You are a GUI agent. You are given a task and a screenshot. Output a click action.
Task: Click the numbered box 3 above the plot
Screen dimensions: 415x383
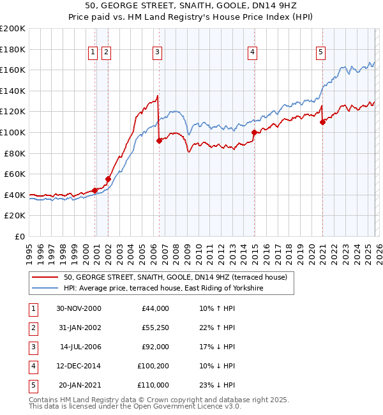(157, 52)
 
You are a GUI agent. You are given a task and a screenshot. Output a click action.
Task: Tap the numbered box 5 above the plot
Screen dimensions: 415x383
(320, 52)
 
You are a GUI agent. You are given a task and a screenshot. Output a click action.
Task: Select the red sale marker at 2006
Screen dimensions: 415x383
(159, 141)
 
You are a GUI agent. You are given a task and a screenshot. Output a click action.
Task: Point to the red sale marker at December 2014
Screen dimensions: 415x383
(254, 133)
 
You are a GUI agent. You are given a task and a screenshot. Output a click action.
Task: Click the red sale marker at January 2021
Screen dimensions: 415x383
(323, 123)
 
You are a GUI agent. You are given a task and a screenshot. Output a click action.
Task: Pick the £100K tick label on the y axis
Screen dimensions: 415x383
(13, 132)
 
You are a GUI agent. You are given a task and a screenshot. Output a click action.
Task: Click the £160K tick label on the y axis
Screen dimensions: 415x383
(13, 70)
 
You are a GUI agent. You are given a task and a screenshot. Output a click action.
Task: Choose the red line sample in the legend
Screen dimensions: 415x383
(45, 277)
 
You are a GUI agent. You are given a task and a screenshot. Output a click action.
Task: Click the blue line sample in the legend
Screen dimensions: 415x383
(45, 289)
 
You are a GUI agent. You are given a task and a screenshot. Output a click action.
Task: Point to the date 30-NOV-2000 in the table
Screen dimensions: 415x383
(79, 308)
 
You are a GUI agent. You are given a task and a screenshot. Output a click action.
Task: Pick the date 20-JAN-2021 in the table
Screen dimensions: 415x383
(80, 385)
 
